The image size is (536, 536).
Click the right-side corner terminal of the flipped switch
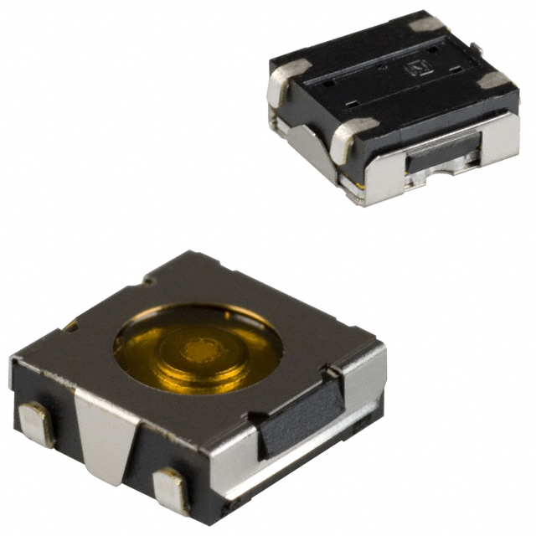(x=497, y=81)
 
